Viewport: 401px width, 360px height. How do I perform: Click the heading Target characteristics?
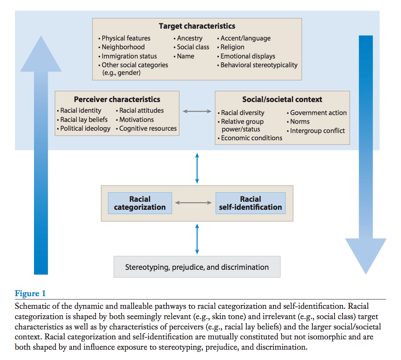click(197, 26)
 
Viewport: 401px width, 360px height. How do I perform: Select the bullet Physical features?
click(125, 38)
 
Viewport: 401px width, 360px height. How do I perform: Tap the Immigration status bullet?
click(128, 56)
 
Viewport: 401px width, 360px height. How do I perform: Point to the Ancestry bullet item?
click(188, 38)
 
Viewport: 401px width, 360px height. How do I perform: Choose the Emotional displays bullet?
click(246, 56)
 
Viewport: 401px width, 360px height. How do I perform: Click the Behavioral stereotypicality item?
click(257, 65)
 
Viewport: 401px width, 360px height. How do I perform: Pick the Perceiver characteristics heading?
click(117, 99)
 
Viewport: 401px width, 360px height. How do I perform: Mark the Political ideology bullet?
click(84, 128)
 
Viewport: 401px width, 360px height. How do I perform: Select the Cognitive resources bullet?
click(146, 128)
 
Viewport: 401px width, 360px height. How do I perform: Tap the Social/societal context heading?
click(282, 99)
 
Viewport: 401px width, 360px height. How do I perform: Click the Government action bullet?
click(317, 113)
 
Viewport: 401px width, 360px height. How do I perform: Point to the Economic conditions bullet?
click(250, 138)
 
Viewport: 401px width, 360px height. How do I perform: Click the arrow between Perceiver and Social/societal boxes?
click(197, 111)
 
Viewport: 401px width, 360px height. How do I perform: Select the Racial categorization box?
click(140, 203)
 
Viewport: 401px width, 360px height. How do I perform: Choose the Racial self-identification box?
click(251, 203)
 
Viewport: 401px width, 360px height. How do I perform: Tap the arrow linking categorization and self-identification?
click(194, 203)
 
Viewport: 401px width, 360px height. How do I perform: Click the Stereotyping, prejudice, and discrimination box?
click(197, 267)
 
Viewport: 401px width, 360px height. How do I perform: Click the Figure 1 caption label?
click(30, 294)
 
